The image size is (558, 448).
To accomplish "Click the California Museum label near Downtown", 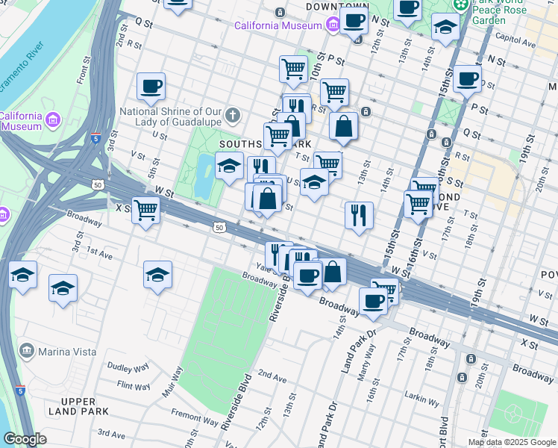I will [x=278, y=25].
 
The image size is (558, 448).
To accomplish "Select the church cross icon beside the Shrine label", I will [x=233, y=115].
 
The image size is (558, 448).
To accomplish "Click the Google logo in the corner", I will [x=25, y=439].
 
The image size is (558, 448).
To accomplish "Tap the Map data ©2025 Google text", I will [x=512, y=442].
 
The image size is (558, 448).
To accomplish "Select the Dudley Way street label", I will [x=128, y=367].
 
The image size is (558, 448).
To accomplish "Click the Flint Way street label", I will [x=134, y=386].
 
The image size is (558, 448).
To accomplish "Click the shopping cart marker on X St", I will [x=146, y=211].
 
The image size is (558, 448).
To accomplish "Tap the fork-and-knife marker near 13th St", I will [x=359, y=216].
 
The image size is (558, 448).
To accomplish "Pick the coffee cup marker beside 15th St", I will [x=468, y=79].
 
